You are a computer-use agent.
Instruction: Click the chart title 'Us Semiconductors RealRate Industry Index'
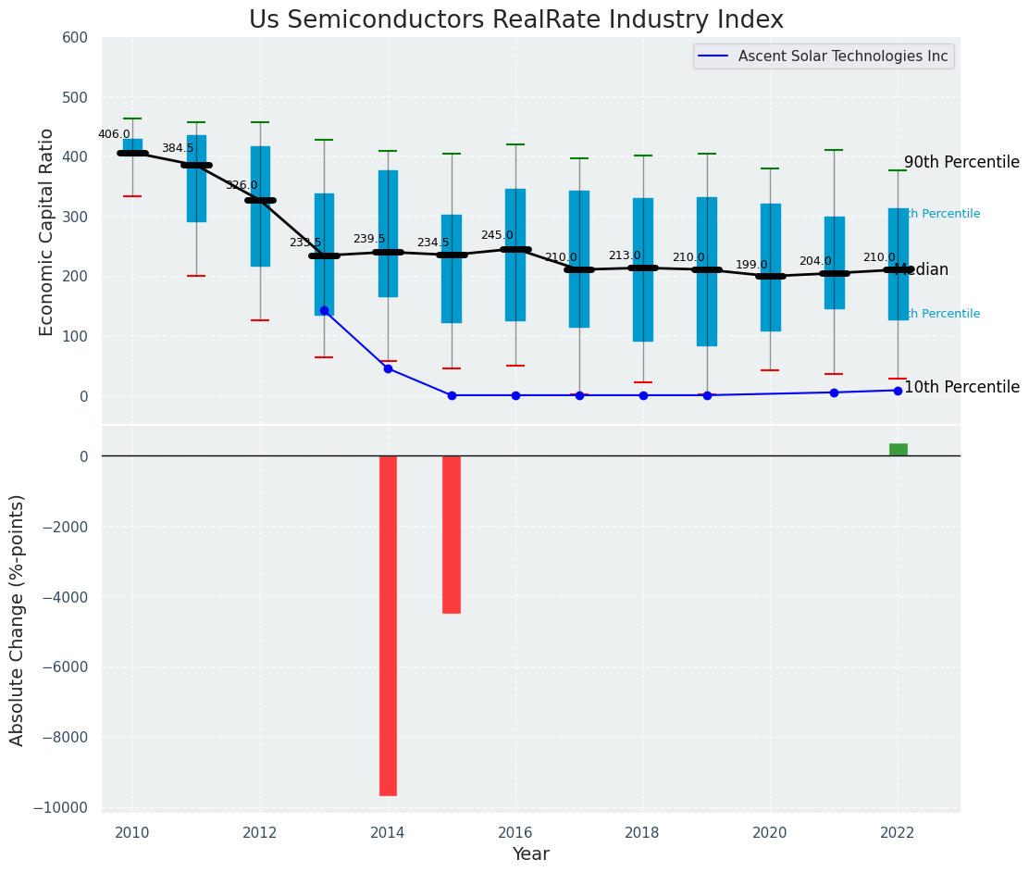[x=515, y=20]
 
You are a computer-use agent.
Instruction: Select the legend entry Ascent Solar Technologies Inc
[x=842, y=56]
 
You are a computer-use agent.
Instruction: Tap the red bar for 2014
[x=388, y=625]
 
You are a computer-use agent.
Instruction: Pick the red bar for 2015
[x=452, y=534]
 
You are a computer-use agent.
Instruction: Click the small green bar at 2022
[x=898, y=450]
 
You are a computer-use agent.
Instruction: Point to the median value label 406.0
[x=115, y=134]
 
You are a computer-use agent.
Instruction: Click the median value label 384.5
[x=178, y=148]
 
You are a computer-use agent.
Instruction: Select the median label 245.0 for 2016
[x=497, y=235]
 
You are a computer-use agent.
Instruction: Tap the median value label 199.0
[x=751, y=265]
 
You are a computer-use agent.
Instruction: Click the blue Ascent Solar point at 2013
[x=324, y=310]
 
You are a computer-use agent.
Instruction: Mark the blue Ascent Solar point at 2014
[x=388, y=368]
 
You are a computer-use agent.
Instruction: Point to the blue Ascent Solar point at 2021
[x=834, y=392]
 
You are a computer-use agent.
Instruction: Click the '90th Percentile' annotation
[x=961, y=163]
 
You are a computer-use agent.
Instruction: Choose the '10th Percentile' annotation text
[x=961, y=387]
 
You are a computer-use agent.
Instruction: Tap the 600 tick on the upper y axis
[x=76, y=38]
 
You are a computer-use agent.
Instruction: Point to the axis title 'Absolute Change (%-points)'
[x=17, y=619]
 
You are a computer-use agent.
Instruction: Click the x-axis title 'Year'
[x=531, y=854]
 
